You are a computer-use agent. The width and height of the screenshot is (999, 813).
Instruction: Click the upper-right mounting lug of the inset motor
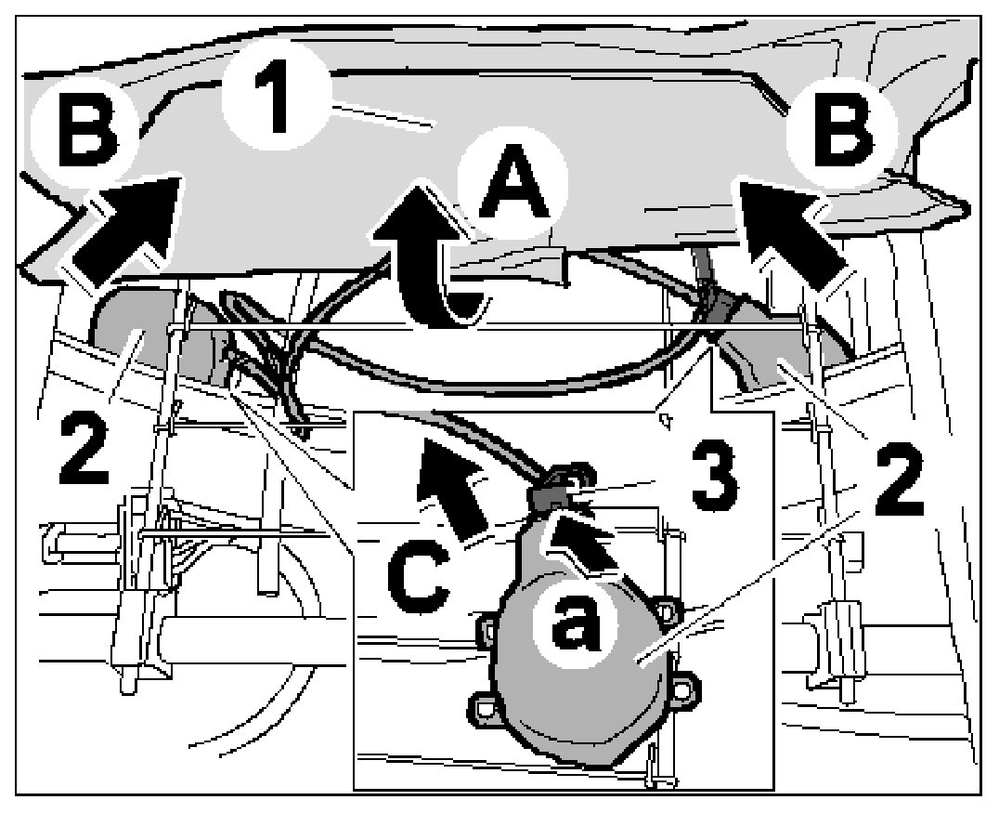point(665,612)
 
